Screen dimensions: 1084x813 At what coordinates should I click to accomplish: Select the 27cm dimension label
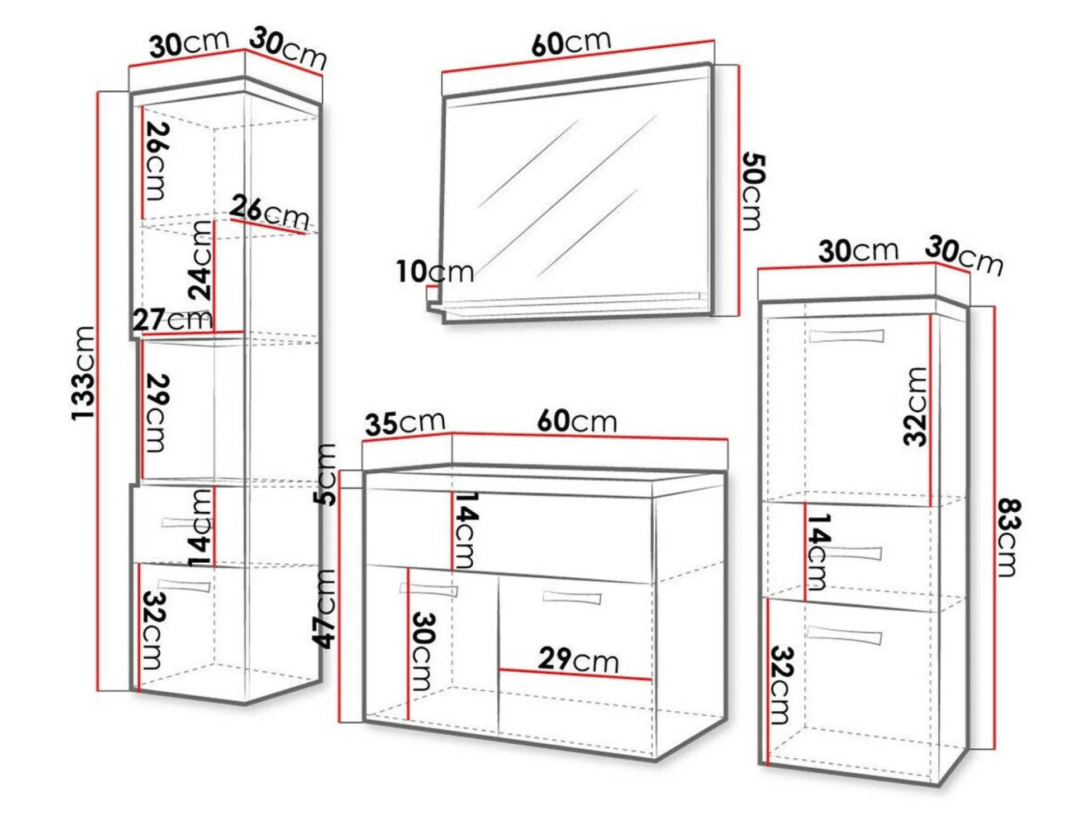click(173, 320)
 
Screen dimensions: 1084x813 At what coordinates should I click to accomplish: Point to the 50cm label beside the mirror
click(753, 191)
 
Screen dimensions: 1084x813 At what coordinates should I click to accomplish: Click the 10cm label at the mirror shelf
click(435, 272)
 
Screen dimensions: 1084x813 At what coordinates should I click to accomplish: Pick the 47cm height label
click(325, 608)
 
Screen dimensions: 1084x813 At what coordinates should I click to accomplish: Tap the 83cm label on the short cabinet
click(1010, 537)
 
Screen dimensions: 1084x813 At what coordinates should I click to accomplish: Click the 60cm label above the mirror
click(571, 42)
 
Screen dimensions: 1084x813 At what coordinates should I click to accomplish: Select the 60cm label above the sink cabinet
click(577, 421)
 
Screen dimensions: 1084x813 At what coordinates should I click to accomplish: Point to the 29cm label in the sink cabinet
click(578, 660)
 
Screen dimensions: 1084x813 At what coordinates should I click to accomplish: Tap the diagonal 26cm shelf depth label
click(269, 212)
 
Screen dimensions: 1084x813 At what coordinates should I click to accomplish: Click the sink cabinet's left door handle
click(429, 589)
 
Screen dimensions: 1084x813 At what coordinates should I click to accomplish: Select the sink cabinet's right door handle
click(572, 597)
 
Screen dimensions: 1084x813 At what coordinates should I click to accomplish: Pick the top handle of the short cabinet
click(847, 336)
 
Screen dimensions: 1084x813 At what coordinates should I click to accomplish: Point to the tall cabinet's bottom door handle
click(184, 586)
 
